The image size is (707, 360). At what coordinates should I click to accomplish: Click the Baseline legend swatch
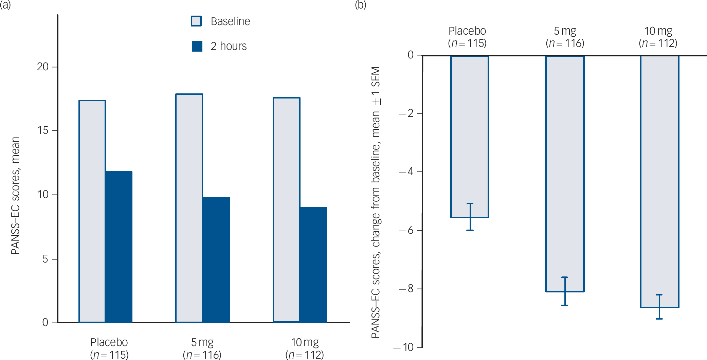pyautogui.click(x=196, y=21)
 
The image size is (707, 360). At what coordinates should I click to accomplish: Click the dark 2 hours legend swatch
pyautogui.click(x=197, y=46)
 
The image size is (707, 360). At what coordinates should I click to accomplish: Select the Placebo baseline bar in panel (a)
pyautogui.click(x=92, y=211)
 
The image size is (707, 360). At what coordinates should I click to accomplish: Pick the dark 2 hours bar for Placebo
pyautogui.click(x=119, y=247)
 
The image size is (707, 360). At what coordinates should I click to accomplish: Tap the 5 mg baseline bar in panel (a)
pyautogui.click(x=189, y=208)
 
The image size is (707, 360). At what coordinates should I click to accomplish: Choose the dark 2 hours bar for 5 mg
pyautogui.click(x=216, y=260)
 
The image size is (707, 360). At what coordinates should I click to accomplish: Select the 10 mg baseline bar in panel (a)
pyautogui.click(x=286, y=210)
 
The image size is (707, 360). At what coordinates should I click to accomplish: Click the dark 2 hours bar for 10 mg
pyautogui.click(x=313, y=265)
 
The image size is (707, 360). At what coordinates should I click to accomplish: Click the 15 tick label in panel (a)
pyautogui.click(x=43, y=130)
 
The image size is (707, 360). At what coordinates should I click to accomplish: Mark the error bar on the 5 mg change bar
pyautogui.click(x=564, y=291)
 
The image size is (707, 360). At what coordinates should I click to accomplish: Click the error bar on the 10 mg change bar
pyautogui.click(x=659, y=307)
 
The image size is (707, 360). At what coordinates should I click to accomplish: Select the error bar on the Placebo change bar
pyautogui.click(x=470, y=217)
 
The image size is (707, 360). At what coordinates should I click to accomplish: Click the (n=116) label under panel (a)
pyautogui.click(x=202, y=355)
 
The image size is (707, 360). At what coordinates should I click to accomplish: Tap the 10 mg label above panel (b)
pyautogui.click(x=658, y=31)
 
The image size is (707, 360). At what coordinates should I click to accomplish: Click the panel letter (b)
pyautogui.click(x=360, y=5)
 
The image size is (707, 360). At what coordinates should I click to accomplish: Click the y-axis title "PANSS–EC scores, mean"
pyautogui.click(x=16, y=195)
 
